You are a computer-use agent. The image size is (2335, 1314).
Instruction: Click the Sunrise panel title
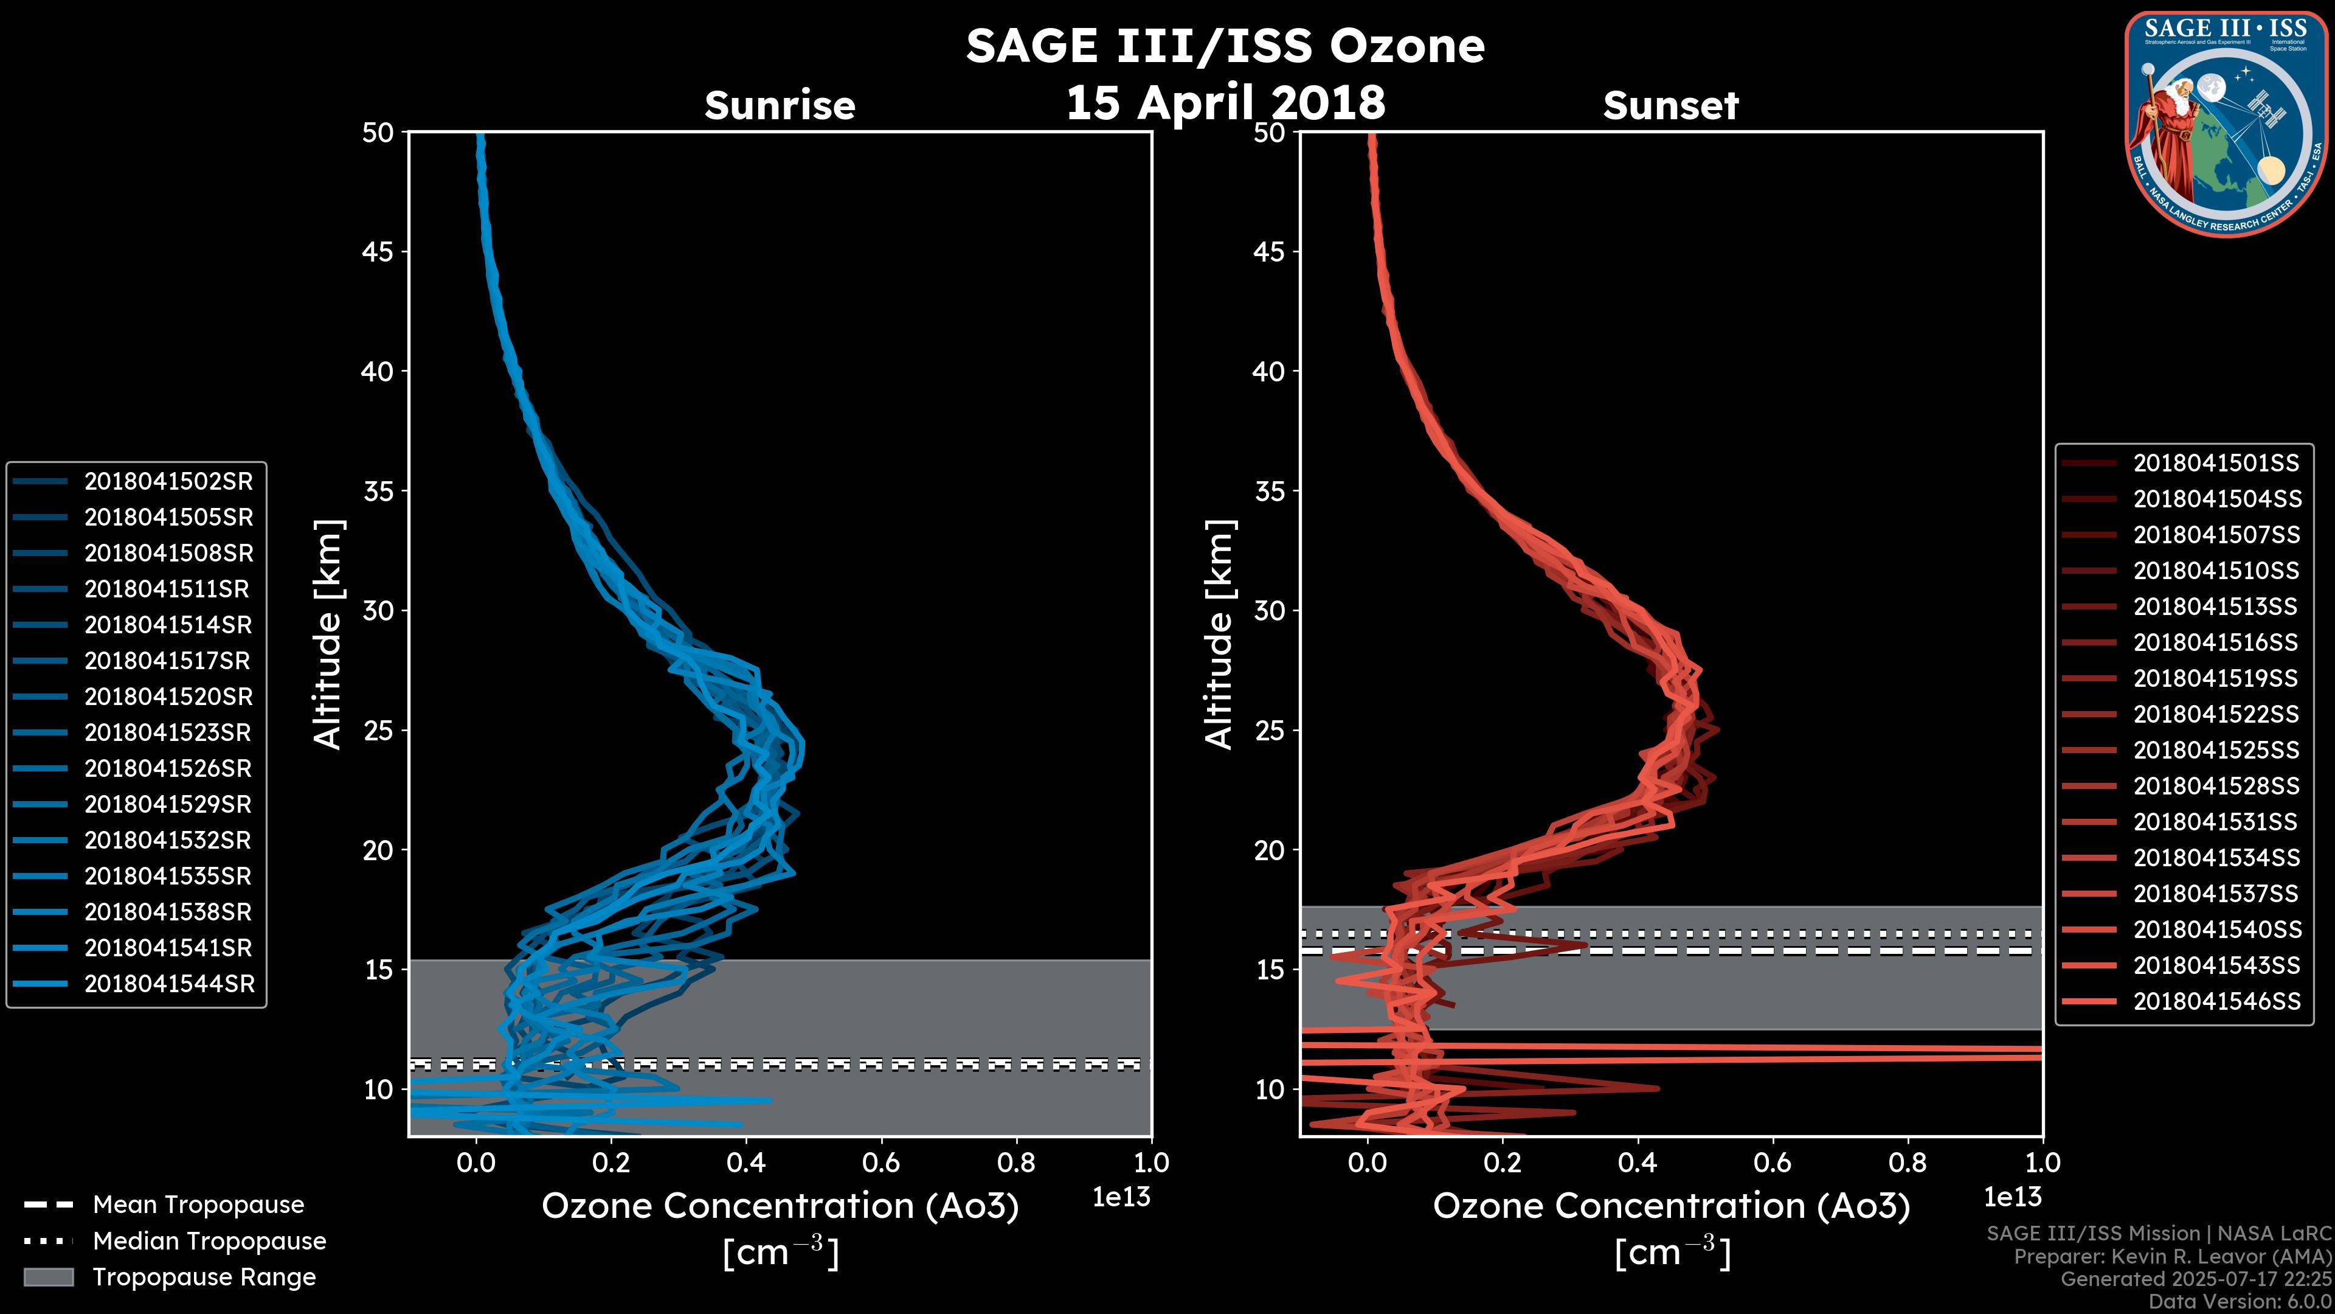tap(780, 106)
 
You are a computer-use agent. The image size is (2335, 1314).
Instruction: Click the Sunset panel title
tap(1670, 106)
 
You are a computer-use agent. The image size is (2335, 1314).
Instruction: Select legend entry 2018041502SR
tap(168, 482)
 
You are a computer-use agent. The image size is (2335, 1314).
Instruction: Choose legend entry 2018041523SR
tap(168, 732)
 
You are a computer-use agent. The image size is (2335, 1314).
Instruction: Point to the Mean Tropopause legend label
tap(198, 1205)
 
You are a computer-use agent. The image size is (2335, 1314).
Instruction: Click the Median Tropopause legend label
tap(209, 1240)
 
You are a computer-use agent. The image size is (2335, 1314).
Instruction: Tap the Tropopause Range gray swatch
tap(48, 1277)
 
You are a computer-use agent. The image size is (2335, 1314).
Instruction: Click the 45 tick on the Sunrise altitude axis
tap(377, 252)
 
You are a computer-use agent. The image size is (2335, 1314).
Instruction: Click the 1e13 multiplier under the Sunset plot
tap(2012, 1197)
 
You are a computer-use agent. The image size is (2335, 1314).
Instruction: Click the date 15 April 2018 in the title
tap(1225, 102)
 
